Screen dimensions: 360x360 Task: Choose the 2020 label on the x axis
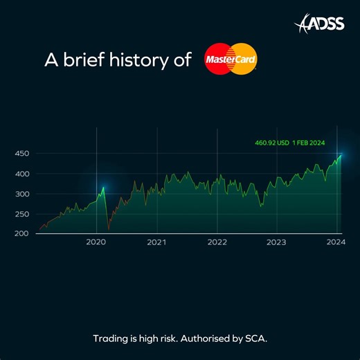tap(96, 242)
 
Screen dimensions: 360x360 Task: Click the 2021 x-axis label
tap(156, 242)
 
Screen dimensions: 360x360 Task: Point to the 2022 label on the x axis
tap(217, 242)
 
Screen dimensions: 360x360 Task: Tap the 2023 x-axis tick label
tap(276, 242)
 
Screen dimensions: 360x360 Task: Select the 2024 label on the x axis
tap(336, 242)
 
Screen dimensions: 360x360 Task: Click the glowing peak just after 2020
tap(103, 188)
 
